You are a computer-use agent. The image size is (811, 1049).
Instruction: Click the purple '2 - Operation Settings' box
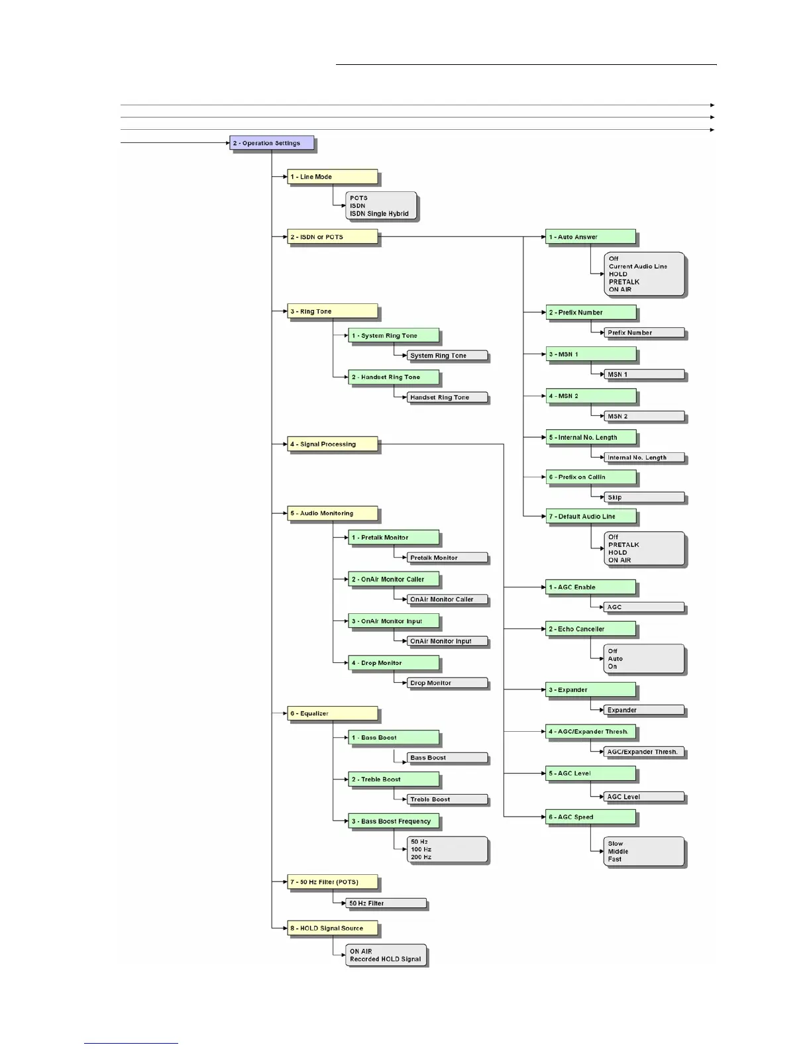272,143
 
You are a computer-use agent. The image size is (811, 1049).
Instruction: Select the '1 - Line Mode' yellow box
332,177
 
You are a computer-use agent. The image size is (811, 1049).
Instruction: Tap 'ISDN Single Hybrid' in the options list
379,214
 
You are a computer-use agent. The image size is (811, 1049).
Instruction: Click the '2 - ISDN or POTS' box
332,237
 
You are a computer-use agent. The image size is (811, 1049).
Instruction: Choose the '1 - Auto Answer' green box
591,237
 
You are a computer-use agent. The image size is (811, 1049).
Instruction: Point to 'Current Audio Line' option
638,266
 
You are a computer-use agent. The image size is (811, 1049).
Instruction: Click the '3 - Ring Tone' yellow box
332,311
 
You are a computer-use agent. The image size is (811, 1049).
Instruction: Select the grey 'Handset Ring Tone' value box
447,397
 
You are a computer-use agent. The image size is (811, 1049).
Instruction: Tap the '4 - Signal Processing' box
332,444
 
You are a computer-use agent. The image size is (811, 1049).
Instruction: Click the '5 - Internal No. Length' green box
591,438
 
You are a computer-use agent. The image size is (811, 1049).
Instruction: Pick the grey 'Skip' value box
644,497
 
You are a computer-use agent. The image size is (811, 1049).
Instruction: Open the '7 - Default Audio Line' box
591,517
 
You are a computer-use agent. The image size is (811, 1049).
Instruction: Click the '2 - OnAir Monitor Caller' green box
394,579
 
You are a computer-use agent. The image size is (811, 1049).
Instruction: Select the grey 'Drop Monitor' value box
447,683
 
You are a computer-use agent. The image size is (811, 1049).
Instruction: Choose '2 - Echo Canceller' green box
591,629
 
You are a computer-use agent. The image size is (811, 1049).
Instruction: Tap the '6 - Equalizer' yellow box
332,714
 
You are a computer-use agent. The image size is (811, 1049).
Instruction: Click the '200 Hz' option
421,858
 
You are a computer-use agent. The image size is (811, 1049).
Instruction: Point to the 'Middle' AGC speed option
618,852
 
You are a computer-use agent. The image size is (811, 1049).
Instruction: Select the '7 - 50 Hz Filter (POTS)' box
332,882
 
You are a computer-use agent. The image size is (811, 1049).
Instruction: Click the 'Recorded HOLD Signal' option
385,960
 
